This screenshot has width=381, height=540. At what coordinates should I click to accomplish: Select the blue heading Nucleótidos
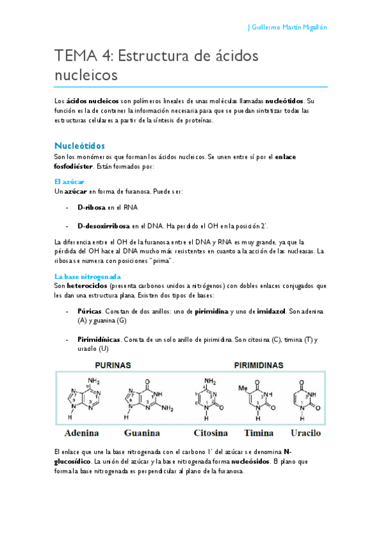pyautogui.click(x=80, y=146)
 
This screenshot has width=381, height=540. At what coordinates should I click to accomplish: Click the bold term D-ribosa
pyautogui.click(x=92, y=208)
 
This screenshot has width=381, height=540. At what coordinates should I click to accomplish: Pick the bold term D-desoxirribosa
pyautogui.click(x=104, y=225)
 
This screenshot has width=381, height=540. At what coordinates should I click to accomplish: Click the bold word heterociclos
pyautogui.click(x=81, y=286)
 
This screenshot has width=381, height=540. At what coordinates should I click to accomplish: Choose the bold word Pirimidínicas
pyautogui.click(x=99, y=340)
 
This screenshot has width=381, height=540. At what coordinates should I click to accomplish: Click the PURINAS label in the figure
pyautogui.click(x=113, y=365)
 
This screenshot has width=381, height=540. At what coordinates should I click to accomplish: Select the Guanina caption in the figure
pyautogui.click(x=141, y=433)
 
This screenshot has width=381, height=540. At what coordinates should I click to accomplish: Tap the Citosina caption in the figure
pyautogui.click(x=205, y=433)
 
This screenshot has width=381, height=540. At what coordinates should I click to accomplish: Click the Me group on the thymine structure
pyautogui.click(x=242, y=387)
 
